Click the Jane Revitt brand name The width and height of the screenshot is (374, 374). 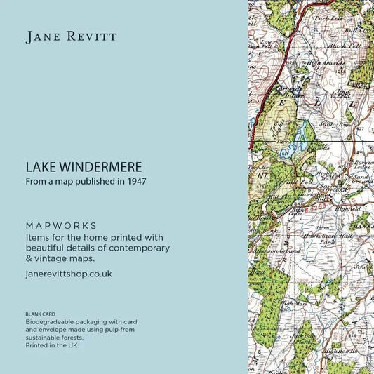(x=72, y=37)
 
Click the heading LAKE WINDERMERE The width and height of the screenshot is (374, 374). (x=84, y=168)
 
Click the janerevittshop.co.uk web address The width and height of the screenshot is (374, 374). (x=68, y=274)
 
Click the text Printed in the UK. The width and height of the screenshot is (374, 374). (x=52, y=345)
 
